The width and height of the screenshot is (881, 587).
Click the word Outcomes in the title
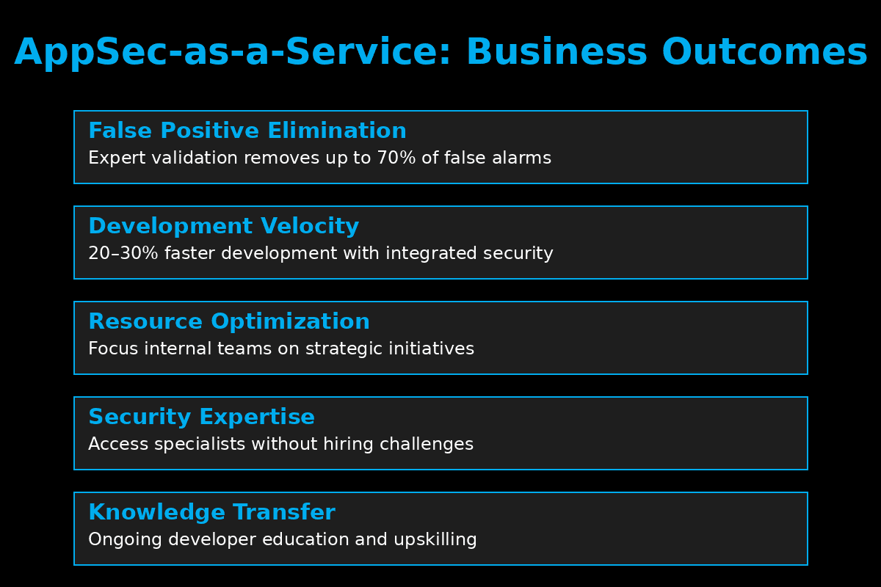coord(764,52)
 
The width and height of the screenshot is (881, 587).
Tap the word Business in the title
coord(556,52)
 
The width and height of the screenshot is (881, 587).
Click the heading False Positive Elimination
coord(247,131)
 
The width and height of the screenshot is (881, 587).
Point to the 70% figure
coord(396,158)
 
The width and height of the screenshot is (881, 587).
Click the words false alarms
coord(498,158)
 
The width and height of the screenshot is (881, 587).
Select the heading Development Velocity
coord(224,226)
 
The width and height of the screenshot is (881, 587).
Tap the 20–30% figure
coord(123,253)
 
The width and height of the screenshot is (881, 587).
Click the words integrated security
coord(469,254)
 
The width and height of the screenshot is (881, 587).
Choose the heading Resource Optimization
coord(229,321)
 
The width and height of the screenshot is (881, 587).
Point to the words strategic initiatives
coord(390,349)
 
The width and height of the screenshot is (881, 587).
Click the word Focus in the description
coord(113,349)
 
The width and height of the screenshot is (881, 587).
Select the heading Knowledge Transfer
coord(211,512)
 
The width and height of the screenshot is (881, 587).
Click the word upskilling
coord(435,540)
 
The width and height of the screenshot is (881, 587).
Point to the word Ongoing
coord(125,540)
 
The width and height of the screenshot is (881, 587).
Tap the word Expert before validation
coord(117,158)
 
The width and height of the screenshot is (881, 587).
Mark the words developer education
coord(258,540)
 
